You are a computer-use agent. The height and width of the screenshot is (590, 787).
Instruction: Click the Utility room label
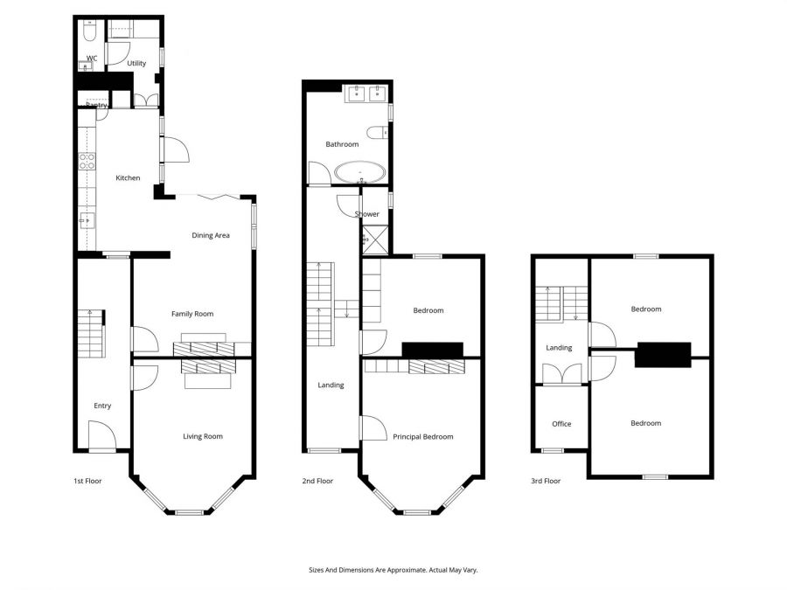pos(136,63)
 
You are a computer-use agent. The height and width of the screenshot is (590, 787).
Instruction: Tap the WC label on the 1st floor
pos(91,59)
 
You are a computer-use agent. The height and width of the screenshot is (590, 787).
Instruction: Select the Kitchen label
pos(128,178)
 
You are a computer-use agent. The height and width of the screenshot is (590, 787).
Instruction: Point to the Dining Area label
pos(211,235)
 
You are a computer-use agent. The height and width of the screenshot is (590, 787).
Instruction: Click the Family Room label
pos(192,314)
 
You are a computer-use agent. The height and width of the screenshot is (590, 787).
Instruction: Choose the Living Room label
pos(202,436)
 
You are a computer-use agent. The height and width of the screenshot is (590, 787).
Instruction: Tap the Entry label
pos(102,406)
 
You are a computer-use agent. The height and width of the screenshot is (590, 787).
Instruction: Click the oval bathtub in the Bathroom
pos(359,172)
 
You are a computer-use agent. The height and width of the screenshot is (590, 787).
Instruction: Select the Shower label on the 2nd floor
pos(367,214)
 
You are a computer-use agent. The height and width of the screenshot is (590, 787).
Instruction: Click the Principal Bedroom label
pos(423,436)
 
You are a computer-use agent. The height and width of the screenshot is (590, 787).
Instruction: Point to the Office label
pos(561,424)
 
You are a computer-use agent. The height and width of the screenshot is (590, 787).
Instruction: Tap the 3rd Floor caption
pos(546,481)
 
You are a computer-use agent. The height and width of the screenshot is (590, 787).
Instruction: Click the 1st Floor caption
pos(87,481)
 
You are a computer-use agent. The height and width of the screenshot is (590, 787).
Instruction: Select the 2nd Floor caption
pos(318,481)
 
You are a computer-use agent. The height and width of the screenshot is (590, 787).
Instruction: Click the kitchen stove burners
pos(87,161)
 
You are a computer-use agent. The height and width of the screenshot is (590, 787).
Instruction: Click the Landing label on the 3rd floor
pos(559,348)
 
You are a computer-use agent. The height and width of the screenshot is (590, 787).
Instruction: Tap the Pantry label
pos(96,106)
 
